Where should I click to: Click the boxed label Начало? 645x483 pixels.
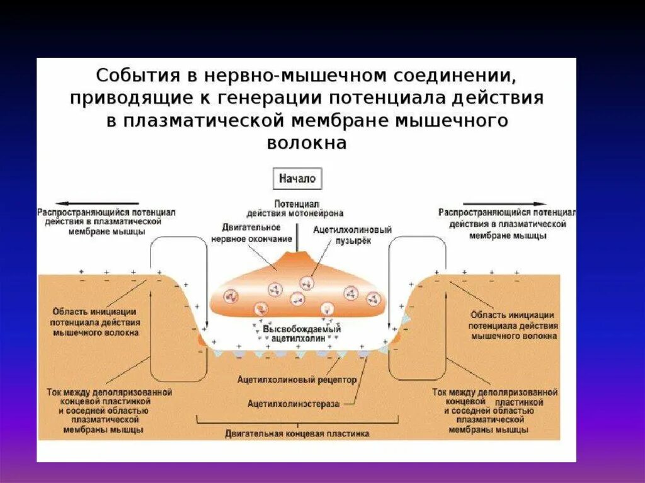coord(298,179)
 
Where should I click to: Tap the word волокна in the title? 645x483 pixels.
coord(307,143)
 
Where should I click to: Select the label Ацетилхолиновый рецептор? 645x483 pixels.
coord(297,380)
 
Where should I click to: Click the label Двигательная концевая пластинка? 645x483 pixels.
coord(297,433)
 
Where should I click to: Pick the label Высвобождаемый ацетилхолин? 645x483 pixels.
coord(302,334)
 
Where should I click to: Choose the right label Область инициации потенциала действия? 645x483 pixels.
coord(512,325)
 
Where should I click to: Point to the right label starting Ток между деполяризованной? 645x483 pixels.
coord(494,410)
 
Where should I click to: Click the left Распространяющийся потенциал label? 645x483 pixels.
coord(106,222)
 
